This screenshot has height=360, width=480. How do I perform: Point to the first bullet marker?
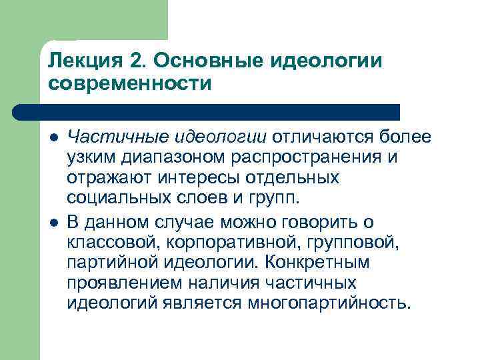pos(53,137)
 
